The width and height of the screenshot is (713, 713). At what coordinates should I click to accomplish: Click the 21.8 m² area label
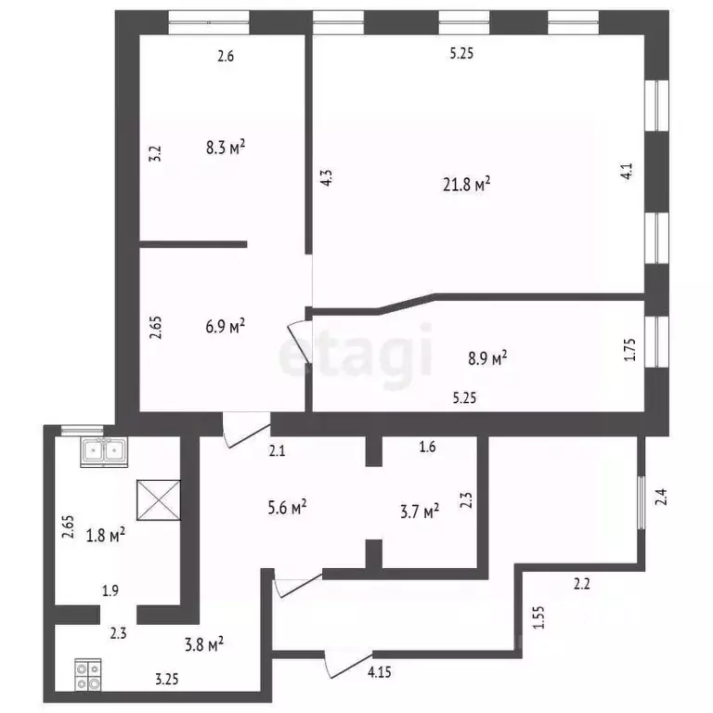coord(467,186)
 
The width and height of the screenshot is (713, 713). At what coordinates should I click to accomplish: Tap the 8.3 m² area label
coord(226,147)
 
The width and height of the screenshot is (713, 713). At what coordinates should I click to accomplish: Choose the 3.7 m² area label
coord(419,511)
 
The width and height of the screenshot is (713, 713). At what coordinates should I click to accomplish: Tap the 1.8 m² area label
coord(105,535)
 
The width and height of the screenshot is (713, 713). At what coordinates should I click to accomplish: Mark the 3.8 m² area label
coord(203,642)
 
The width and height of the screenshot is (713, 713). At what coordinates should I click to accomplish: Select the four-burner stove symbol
coord(88,675)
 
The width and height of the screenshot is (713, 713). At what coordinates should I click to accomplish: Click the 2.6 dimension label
coord(226,57)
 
